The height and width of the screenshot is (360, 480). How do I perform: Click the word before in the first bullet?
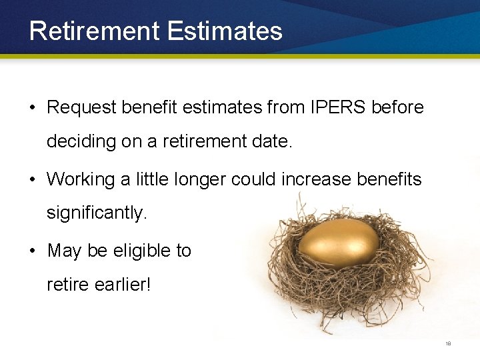coord(401,107)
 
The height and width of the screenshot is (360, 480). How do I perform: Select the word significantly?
coord(95,214)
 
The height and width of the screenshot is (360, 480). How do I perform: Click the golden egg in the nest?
coord(339,243)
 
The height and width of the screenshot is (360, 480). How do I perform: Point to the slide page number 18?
coord(448,344)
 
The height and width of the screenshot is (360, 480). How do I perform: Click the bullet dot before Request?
coord(32,108)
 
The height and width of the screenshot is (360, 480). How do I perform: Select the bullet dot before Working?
coord(32,180)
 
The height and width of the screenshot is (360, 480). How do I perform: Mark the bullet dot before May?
coord(32,251)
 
